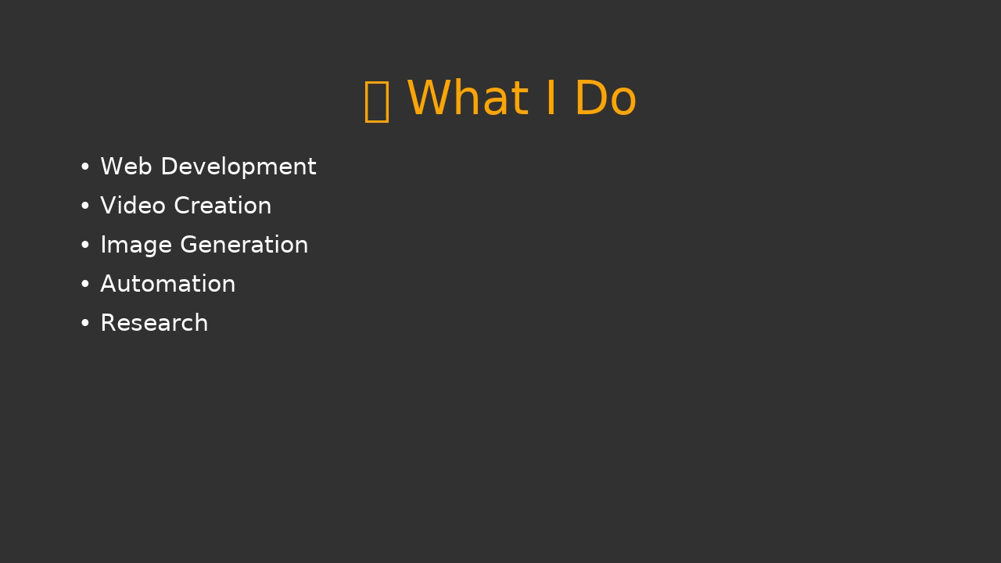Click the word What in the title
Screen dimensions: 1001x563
pyautogui.click(x=468, y=98)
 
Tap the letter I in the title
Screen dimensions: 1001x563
pyautogui.click(x=551, y=98)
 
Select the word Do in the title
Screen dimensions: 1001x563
pyautogui.click(x=606, y=98)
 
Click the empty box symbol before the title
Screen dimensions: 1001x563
pyautogui.click(x=377, y=102)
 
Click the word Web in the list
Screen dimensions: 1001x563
pyautogui.click(x=126, y=167)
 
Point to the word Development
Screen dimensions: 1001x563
pyautogui.click(x=239, y=167)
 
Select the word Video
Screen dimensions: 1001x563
pyautogui.click(x=133, y=206)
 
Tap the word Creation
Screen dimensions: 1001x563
pyautogui.click(x=223, y=206)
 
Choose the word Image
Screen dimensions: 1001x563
pyautogui.click(x=136, y=246)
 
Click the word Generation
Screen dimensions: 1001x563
pyautogui.click(x=244, y=245)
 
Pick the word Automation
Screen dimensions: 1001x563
pyautogui.click(x=168, y=284)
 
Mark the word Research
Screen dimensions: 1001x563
pyautogui.click(x=155, y=323)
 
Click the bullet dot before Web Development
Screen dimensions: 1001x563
pyautogui.click(x=85, y=167)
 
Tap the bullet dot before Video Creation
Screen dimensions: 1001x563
pyautogui.click(x=85, y=206)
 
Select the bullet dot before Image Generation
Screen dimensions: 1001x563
pyautogui.click(x=85, y=245)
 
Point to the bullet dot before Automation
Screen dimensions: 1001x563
pyautogui.click(x=85, y=284)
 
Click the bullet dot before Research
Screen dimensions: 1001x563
pyautogui.click(x=85, y=323)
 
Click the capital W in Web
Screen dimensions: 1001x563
pyautogui.click(x=111, y=167)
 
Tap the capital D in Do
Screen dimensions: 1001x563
pyautogui.click(x=590, y=98)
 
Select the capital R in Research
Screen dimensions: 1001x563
pyautogui.click(x=108, y=323)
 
